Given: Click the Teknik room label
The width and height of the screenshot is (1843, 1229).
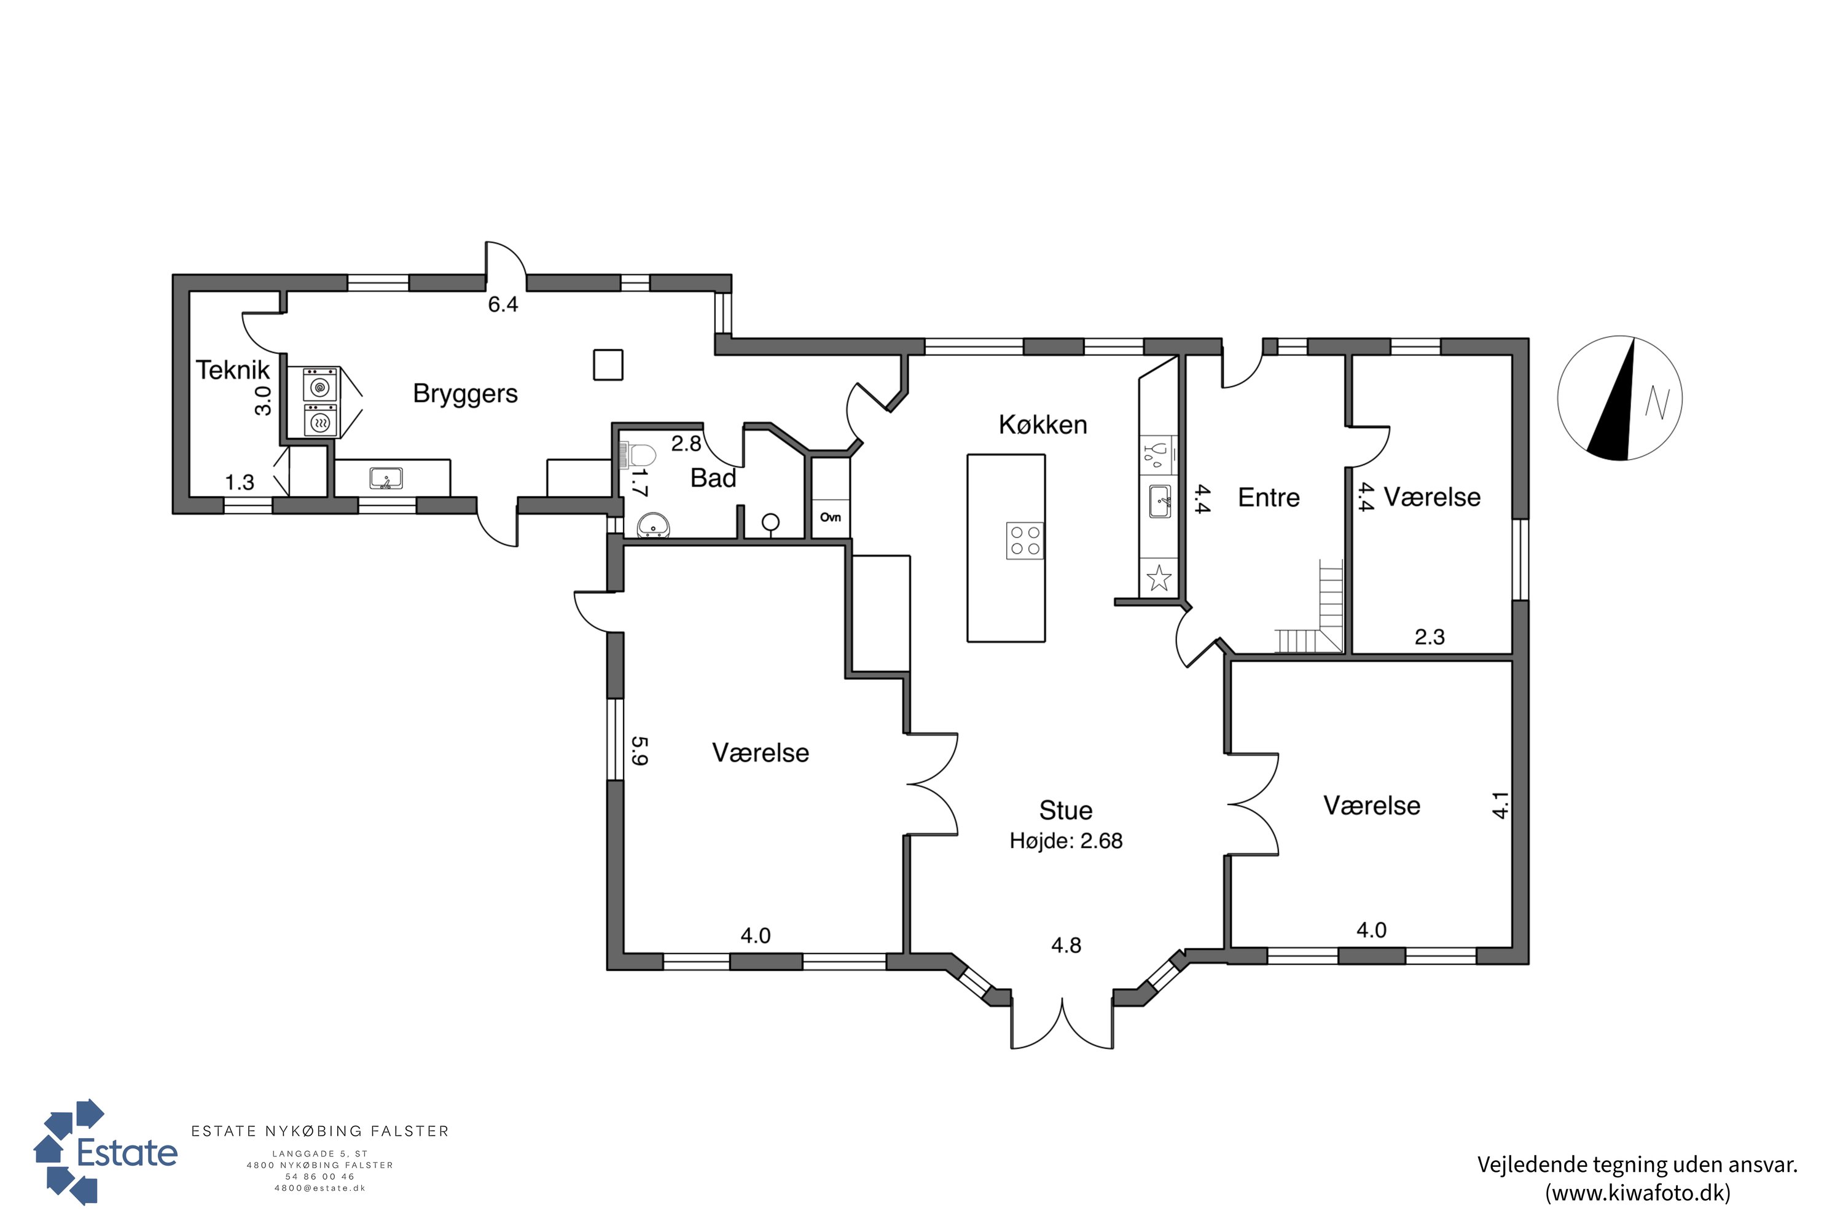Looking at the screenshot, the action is (x=232, y=370).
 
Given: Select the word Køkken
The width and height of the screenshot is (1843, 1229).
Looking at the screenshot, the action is (x=1043, y=425).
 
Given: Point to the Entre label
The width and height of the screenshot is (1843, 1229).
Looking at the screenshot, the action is (x=1269, y=498).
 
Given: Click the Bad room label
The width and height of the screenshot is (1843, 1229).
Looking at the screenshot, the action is (x=713, y=478).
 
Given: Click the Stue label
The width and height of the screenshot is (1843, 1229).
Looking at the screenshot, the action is (x=1066, y=811).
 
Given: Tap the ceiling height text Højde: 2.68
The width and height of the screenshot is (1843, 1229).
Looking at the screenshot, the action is (x=1066, y=841).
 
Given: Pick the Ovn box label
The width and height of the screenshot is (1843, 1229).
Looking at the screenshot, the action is (x=831, y=517).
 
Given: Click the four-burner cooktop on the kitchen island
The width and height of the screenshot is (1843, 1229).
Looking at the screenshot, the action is (x=1025, y=541).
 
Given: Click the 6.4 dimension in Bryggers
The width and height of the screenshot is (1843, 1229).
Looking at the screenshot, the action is (x=503, y=305).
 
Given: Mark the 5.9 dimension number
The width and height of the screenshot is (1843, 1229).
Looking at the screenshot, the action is (x=640, y=750).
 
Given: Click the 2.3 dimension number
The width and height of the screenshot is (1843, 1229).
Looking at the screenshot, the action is (x=1430, y=637).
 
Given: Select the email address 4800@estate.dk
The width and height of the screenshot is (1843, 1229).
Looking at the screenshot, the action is (x=319, y=1188).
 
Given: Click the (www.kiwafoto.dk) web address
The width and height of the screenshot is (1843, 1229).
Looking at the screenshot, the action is (x=1638, y=1193).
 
